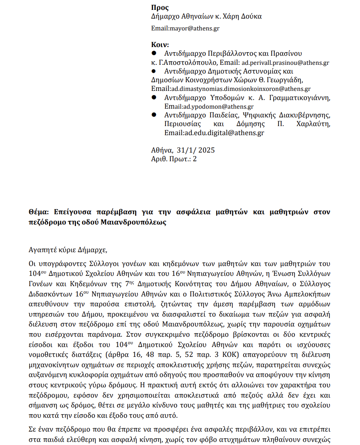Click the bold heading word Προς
[160, 8]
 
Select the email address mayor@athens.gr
[194, 28]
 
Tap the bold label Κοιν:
[160, 44]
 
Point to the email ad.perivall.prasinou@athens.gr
[285, 62]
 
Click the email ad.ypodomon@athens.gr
[217, 107]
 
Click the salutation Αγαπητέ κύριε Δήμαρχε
[68, 250]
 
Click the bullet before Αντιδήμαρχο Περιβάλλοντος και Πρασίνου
[155, 53]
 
